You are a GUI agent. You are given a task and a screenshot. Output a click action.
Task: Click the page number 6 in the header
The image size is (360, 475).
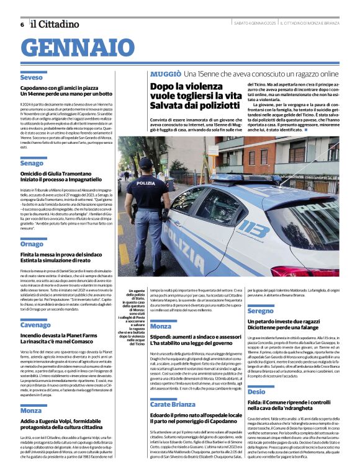click(22, 24)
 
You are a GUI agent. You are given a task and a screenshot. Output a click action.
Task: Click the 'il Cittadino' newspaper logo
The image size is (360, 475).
click(57, 24)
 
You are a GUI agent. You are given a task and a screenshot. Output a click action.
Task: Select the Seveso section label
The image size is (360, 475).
click(31, 78)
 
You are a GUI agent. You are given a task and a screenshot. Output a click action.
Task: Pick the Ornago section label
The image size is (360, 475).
click(32, 244)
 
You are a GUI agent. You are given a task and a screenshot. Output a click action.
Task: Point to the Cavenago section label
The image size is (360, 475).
click(35, 325)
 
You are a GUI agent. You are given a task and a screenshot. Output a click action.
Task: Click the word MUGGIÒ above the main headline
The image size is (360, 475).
click(165, 74)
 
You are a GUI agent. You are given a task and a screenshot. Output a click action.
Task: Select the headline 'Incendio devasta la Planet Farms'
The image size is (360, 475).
click(59, 335)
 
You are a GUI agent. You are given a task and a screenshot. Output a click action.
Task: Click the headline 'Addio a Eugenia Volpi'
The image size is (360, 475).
click(68, 420)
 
